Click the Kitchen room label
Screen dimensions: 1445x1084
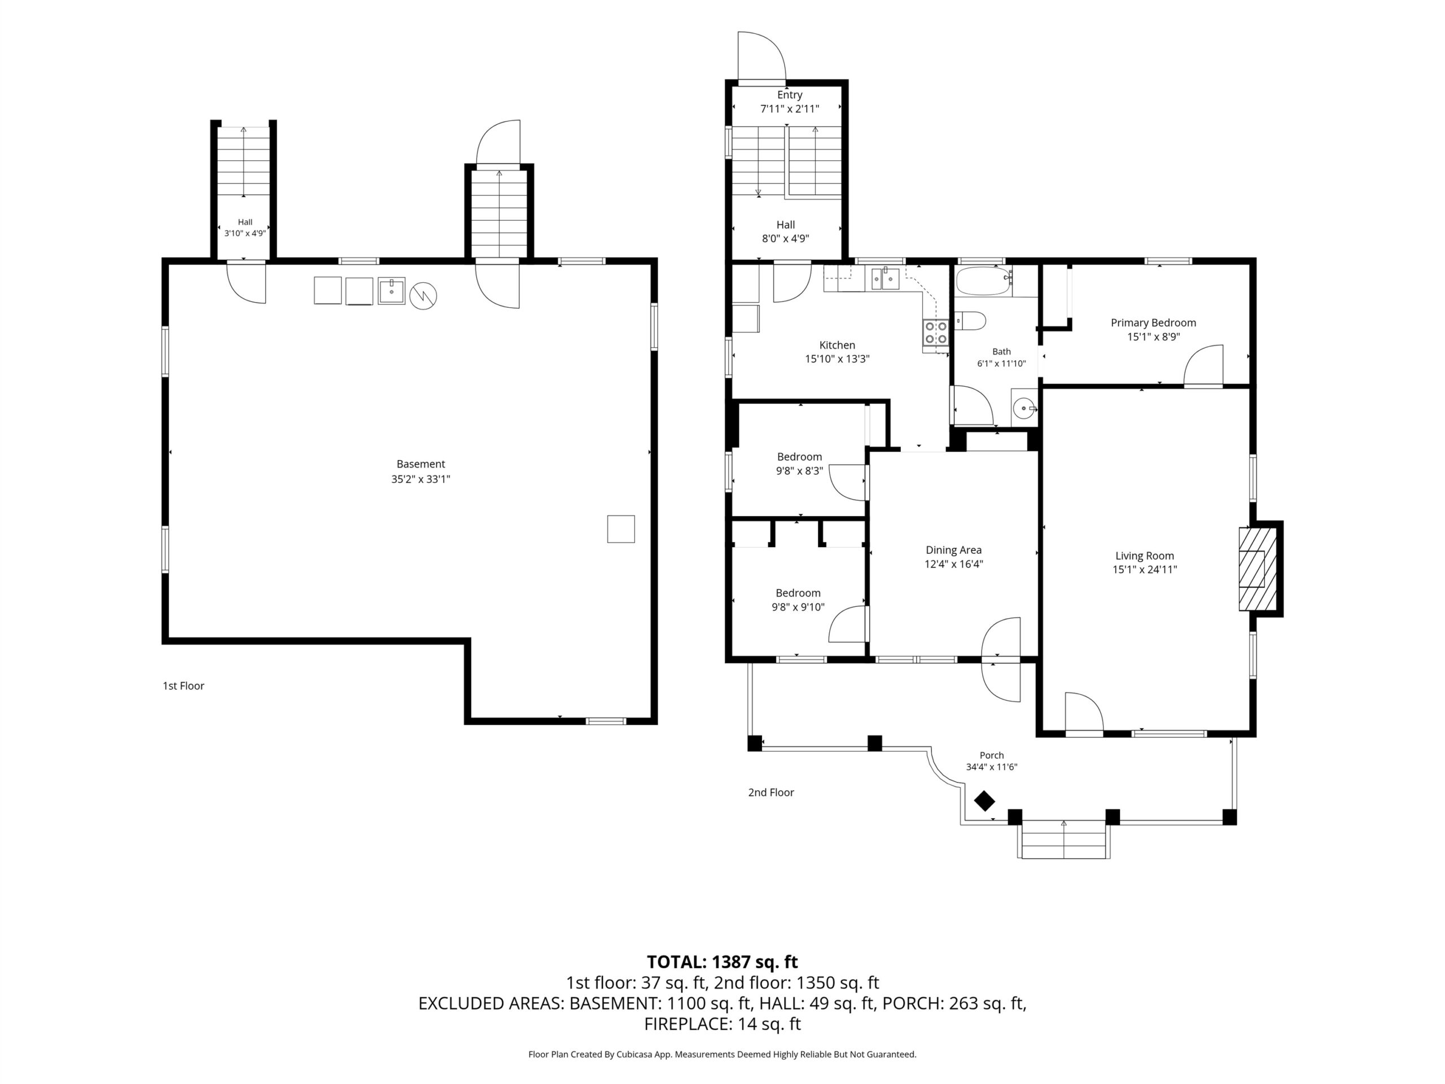click(x=837, y=345)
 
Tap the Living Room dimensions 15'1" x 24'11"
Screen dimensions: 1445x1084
click(x=1145, y=569)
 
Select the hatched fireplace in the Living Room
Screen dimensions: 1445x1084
click(x=1258, y=569)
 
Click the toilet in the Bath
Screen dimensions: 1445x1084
click(x=971, y=321)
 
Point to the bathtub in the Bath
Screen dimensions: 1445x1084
click(x=984, y=282)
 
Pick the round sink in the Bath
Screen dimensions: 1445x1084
click(x=1024, y=409)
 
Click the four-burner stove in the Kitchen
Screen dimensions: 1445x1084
click(x=935, y=333)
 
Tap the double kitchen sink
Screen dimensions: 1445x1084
click(x=884, y=279)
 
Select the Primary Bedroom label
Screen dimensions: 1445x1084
click(x=1153, y=323)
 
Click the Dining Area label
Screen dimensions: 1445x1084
click(x=953, y=550)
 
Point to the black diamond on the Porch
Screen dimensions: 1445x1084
click(x=984, y=801)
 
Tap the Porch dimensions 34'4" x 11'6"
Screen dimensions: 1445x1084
click(x=992, y=767)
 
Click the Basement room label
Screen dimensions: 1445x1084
click(x=421, y=464)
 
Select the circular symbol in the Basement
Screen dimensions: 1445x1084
click(x=423, y=296)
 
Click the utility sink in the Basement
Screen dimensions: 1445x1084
click(x=391, y=291)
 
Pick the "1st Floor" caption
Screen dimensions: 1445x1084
click(x=183, y=685)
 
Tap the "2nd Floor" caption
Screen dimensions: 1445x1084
click(x=771, y=792)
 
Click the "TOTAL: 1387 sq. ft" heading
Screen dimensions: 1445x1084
click(x=722, y=962)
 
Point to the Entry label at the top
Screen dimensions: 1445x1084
click(x=789, y=95)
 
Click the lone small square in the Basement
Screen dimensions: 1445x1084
click(x=620, y=528)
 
